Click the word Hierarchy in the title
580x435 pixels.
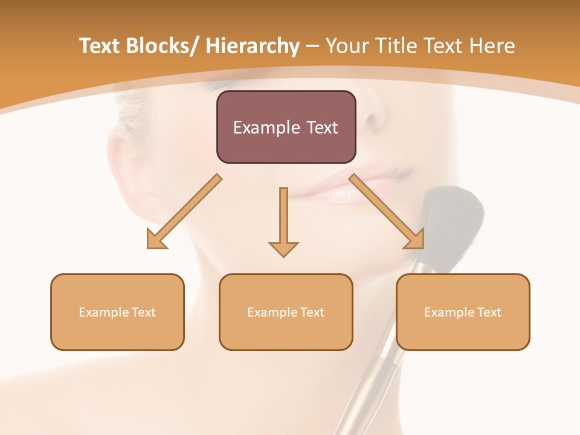pos(253,46)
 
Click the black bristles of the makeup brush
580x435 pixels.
pos(453,217)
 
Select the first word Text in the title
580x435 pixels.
pos(99,46)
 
